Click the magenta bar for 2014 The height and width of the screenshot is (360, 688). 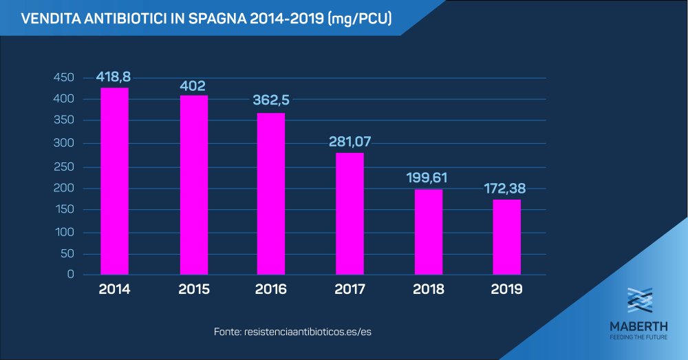tap(114, 181)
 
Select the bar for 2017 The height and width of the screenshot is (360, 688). tap(350, 213)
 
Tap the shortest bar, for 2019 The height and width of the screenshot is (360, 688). tap(506, 237)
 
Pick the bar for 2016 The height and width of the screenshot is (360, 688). tap(271, 193)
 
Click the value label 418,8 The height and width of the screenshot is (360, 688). tap(114, 76)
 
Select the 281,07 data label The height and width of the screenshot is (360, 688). tap(350, 142)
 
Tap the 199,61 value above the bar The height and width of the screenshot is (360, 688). tap(427, 178)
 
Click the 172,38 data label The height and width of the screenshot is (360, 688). tap(506, 188)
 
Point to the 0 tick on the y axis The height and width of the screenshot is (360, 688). tap(70, 275)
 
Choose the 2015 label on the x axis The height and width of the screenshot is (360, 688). tap(193, 290)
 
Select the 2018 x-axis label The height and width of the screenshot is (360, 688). tap(428, 290)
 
